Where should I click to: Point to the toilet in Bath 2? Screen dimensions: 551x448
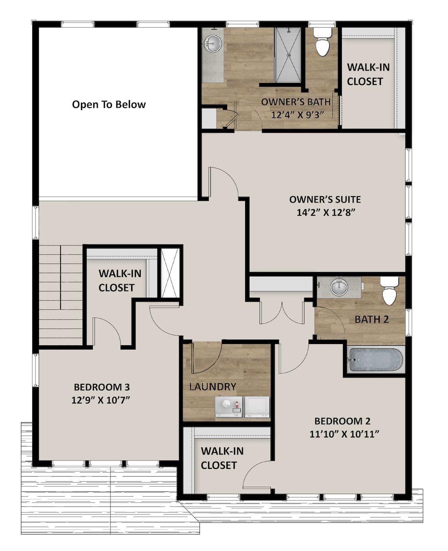[x=389, y=291]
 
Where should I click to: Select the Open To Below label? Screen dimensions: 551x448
[x=109, y=105]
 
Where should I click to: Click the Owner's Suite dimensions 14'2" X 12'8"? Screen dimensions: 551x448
[x=326, y=212]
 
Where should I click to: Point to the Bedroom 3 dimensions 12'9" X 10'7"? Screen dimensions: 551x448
[x=102, y=400]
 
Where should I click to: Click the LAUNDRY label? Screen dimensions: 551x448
[x=212, y=386]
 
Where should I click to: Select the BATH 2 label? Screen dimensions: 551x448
[x=371, y=319]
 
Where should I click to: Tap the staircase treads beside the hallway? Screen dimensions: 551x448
[x=60, y=295]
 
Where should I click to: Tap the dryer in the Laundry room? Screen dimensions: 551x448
[x=257, y=407]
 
